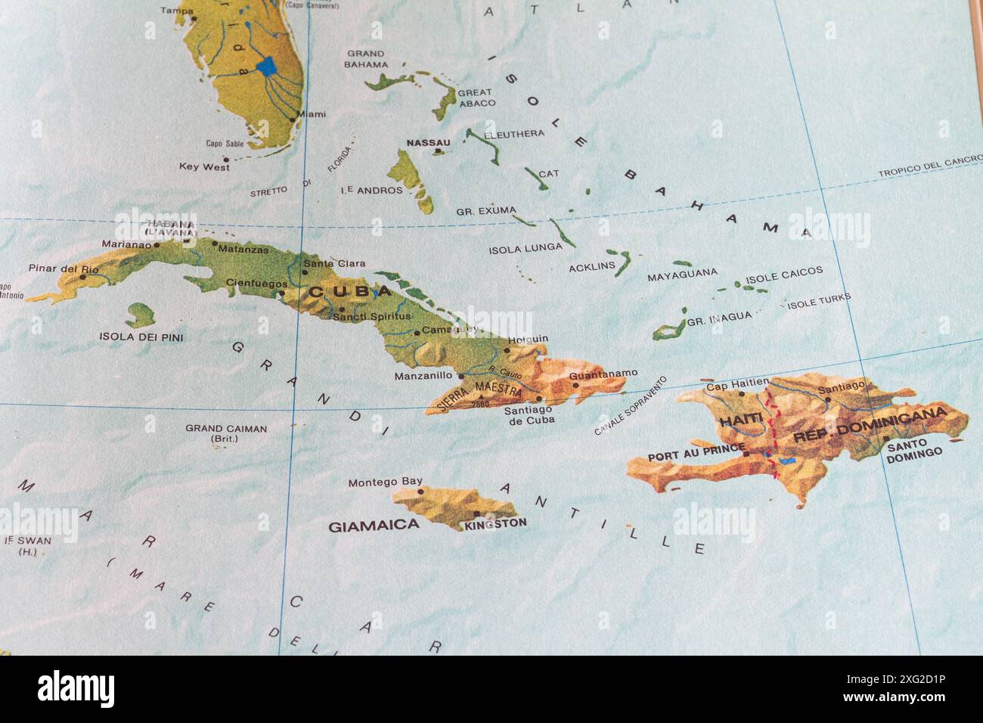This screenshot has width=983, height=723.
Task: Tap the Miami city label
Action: [311, 114]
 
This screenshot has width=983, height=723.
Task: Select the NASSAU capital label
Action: [428, 143]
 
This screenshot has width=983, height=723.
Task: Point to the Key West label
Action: [204, 166]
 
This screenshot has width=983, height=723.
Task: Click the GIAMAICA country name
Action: [374, 526]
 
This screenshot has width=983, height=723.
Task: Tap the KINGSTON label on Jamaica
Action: [496, 523]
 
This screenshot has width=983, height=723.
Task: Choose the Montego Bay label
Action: [385, 482]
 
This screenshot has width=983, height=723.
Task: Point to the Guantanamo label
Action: [603, 374]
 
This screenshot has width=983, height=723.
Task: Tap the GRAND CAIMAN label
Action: [226, 429]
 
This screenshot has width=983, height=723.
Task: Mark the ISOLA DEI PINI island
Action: [140, 315]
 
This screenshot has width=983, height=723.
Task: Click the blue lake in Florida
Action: [267, 67]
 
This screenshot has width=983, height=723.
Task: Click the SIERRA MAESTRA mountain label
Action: [479, 393]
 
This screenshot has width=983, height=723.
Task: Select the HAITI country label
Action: [736, 420]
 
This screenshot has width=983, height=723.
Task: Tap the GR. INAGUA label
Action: [719, 318]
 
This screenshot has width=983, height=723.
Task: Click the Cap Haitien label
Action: [736, 385]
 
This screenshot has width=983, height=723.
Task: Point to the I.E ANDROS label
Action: [371, 190]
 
